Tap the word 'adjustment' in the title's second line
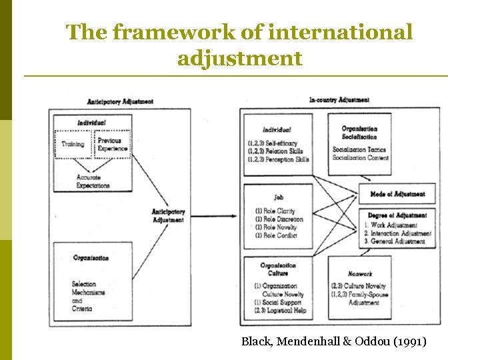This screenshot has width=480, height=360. tap(239, 58)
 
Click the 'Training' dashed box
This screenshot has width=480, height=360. tap(73, 144)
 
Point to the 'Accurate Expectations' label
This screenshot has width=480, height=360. tap(93, 181)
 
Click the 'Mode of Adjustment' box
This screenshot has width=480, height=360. tap(397, 194)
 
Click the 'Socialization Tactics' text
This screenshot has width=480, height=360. tap(359, 150)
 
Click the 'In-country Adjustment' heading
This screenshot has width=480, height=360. tap(339, 100)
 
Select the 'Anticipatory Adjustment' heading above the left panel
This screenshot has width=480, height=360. tap(120, 101)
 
